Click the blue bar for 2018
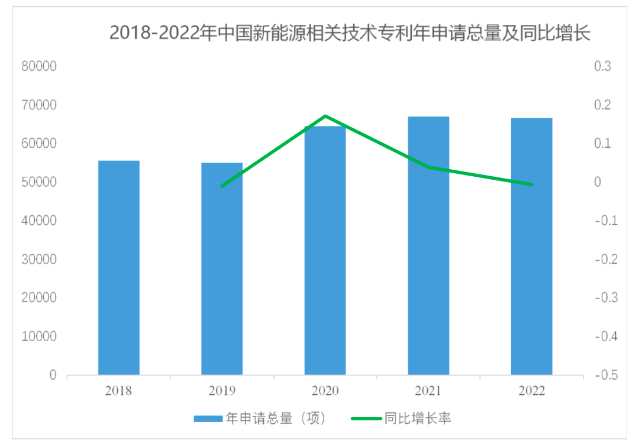118,267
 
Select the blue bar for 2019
222,268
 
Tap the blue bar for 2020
325,251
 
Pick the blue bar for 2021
428,246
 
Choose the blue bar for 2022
531,247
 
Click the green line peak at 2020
325,116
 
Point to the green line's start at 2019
222,186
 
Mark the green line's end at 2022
532,184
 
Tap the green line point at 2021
428,167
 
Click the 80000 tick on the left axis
39,67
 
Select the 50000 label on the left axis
39,183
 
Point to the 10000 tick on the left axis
39,337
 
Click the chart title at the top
350,33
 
